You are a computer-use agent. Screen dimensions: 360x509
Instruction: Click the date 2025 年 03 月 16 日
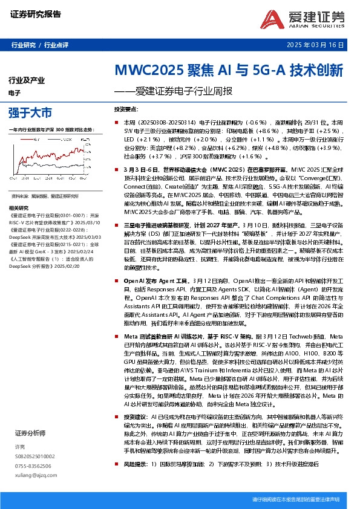[x=316, y=45]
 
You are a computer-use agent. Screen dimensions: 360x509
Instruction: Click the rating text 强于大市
[x=30, y=112]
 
